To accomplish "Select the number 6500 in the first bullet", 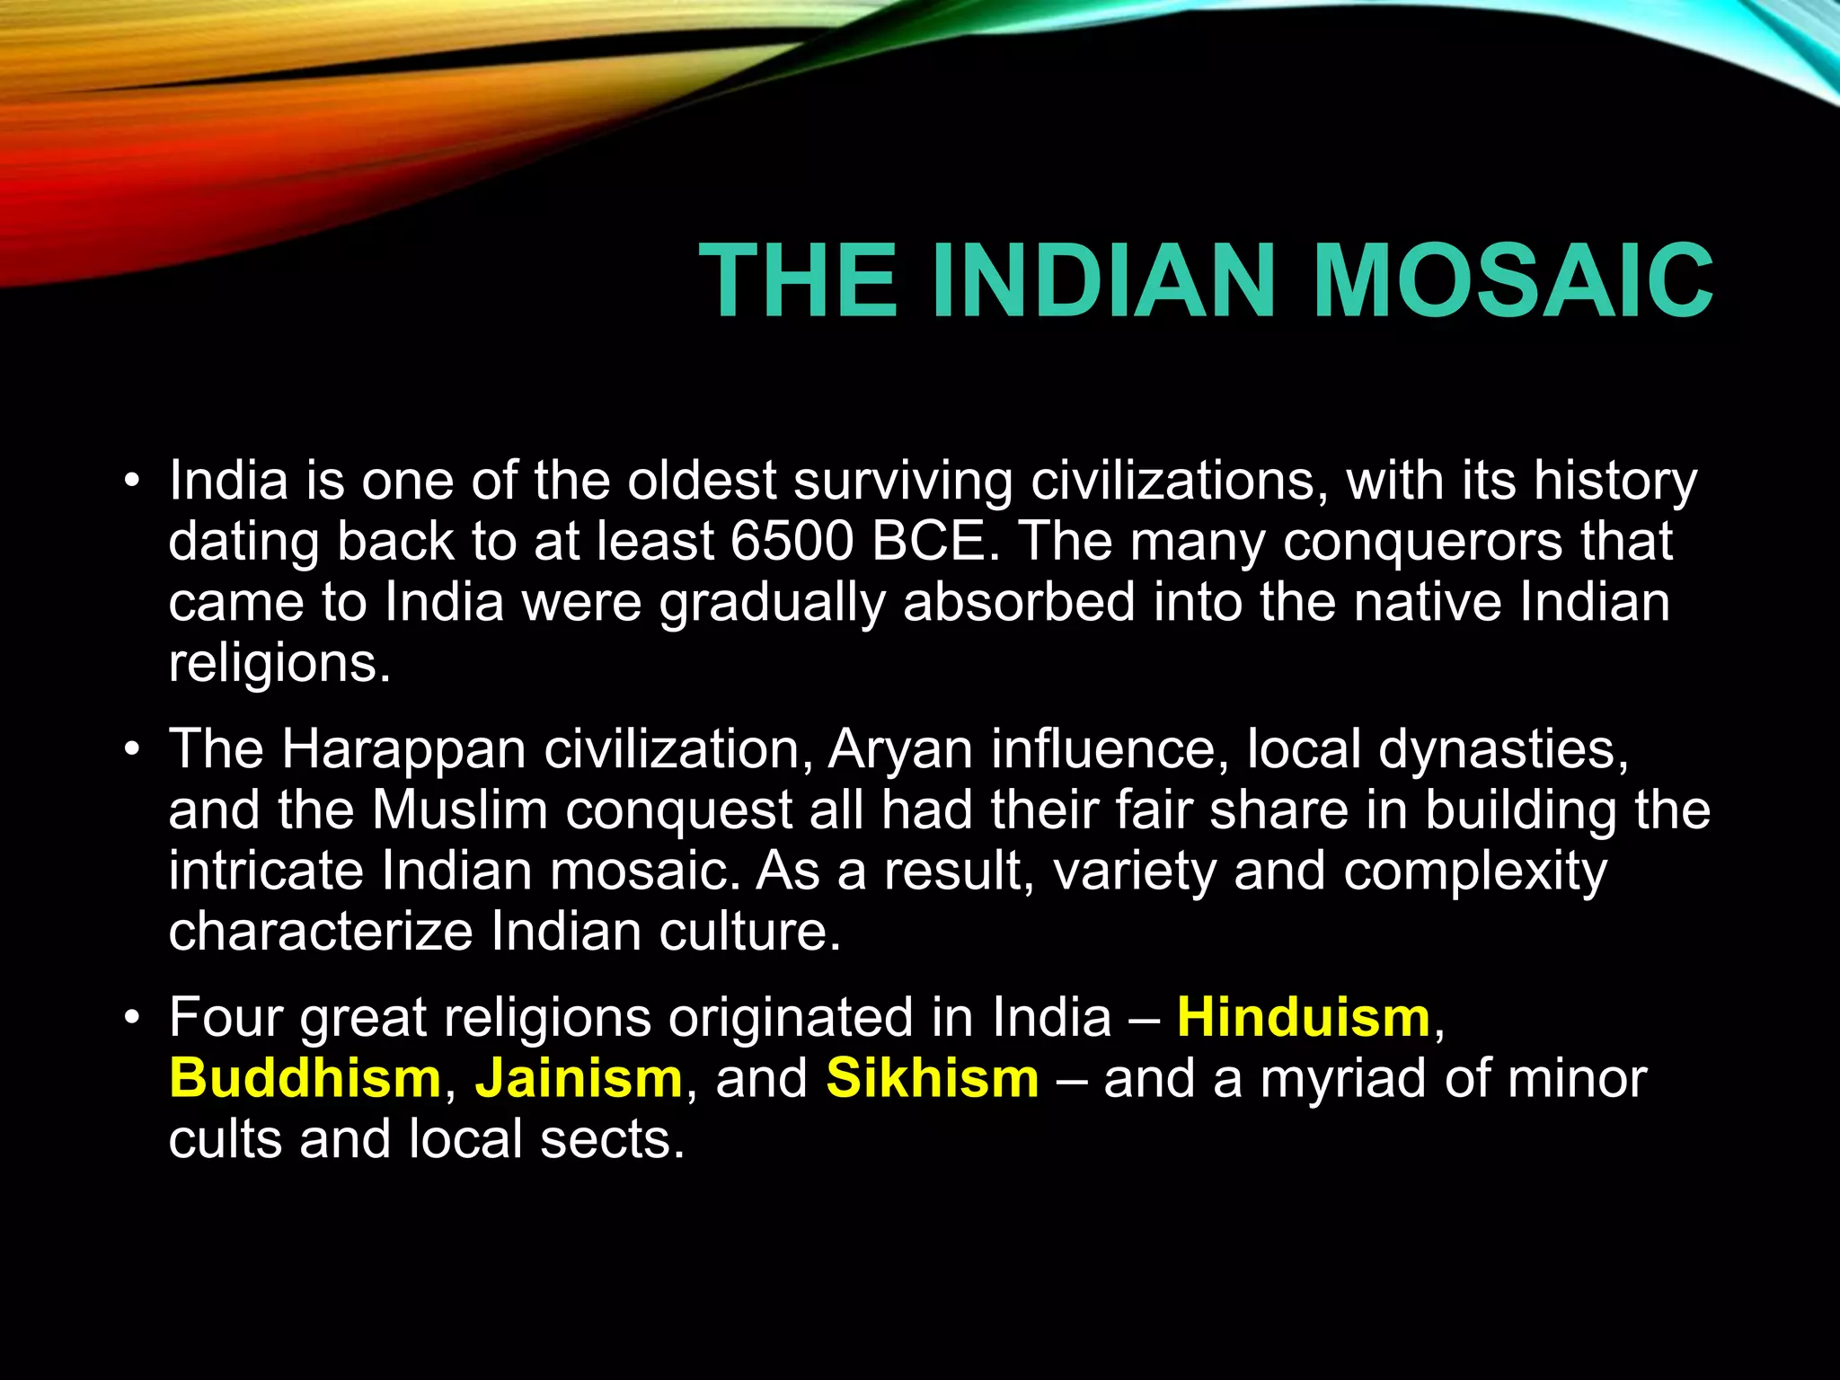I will click(x=792, y=542).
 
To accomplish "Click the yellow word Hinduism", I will click(x=1304, y=1018).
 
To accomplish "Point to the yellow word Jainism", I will click(x=579, y=1078).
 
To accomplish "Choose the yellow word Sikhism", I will click(x=933, y=1078).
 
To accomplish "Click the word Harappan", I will click(x=403, y=750).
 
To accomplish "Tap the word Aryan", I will click(x=900, y=750).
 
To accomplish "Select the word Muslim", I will click(x=459, y=810).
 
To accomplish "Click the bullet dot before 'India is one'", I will click(x=132, y=482).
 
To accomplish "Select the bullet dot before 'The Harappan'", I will click(x=132, y=749).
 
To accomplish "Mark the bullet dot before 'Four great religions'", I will click(x=132, y=1018).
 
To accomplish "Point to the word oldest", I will click(x=702, y=482).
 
